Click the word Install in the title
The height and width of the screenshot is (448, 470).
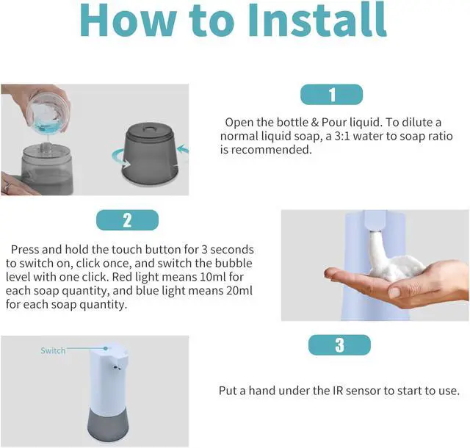[317, 20]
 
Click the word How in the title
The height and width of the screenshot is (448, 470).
[128, 20]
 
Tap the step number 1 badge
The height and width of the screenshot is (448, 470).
[331, 95]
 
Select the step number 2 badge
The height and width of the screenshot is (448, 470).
[127, 220]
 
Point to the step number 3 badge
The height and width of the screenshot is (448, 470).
[339, 345]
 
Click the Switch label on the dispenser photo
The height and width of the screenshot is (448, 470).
[53, 350]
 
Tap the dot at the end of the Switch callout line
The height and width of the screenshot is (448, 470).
[106, 348]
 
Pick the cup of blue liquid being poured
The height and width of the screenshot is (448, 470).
[48, 114]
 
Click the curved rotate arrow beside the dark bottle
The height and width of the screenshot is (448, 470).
[120, 158]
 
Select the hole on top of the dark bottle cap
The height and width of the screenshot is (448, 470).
[149, 129]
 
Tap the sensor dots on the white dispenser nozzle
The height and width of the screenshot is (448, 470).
[116, 367]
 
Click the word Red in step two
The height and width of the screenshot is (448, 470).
[123, 277]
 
